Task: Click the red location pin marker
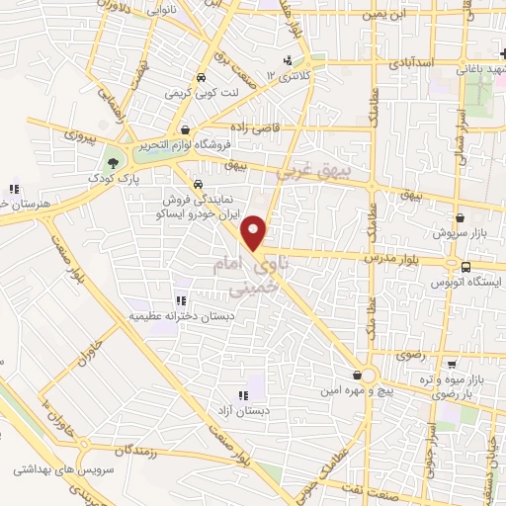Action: click(255, 231)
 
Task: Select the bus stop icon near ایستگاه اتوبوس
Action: click(465, 265)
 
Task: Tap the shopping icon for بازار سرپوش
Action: click(460, 217)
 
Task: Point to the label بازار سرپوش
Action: click(456, 234)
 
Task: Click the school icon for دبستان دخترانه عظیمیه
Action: click(181, 299)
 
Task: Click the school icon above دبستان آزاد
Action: click(243, 394)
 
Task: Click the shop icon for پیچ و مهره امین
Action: click(357, 375)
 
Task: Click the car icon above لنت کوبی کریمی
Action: click(202, 77)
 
